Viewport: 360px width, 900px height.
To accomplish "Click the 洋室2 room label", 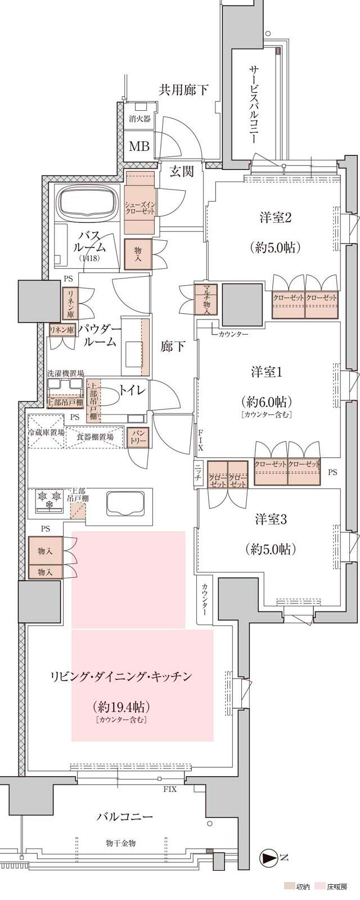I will point(275,217).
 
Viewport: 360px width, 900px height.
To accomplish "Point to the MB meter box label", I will point(139,146).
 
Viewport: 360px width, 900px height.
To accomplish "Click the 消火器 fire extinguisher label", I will point(139,119).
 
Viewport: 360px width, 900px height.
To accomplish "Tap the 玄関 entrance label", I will point(182,171).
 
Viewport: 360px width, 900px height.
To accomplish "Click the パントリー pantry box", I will point(138,438).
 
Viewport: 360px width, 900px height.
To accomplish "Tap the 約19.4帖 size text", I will point(121,706).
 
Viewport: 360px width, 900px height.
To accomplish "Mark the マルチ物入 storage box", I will point(202,300).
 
